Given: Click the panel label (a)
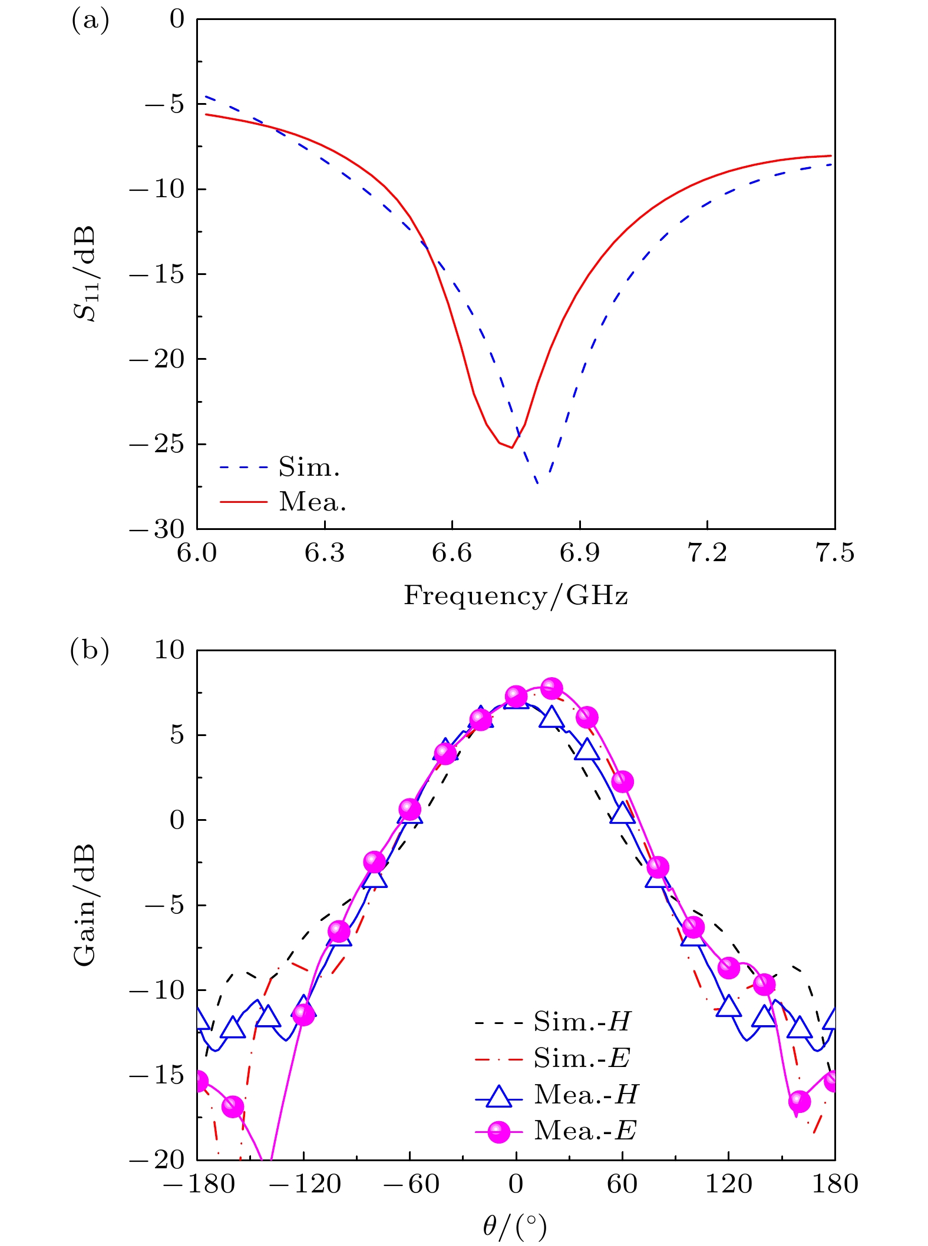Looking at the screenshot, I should click(90, 21).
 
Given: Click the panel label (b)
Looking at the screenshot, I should click(90, 651).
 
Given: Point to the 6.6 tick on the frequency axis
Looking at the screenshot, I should click(452, 553).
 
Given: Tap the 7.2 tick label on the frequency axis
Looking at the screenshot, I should click(707, 553).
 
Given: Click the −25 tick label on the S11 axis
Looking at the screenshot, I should click(157, 444).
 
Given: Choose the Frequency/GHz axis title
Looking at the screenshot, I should click(516, 595).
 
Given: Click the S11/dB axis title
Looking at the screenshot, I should click(85, 274).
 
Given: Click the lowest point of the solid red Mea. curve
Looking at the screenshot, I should click(511, 448).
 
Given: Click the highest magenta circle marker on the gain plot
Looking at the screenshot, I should click(551, 688).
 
